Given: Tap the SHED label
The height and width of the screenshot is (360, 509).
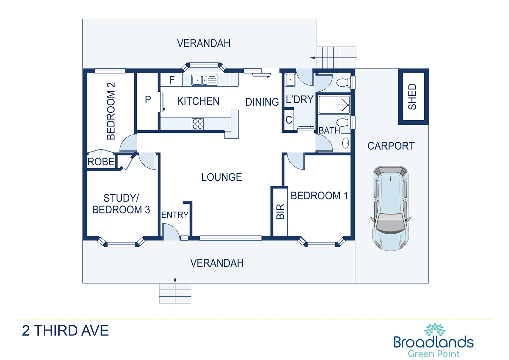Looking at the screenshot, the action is [x=412, y=97].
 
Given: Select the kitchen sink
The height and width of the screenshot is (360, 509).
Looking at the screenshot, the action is [x=204, y=80].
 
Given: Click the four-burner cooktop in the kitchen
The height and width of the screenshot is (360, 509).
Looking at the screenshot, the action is [x=197, y=124].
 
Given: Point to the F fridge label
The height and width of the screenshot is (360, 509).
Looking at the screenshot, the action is [x=172, y=80].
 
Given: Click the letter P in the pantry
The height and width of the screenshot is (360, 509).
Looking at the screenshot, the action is [x=148, y=100].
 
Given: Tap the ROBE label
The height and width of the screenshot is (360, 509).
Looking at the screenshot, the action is [x=101, y=162].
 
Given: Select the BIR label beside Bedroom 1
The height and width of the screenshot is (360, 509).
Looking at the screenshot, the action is [x=280, y=212].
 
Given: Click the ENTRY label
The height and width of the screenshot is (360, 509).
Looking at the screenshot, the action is [x=175, y=215].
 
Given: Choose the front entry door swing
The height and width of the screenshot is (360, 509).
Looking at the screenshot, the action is [x=171, y=232].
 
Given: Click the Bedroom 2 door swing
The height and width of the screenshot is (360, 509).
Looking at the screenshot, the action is [x=128, y=143].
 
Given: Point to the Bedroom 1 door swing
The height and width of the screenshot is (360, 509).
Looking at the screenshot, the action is [x=296, y=161].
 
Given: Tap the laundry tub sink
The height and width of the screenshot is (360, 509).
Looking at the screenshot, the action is [x=290, y=79].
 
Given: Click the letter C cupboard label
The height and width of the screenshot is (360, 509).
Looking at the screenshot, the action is [x=289, y=120].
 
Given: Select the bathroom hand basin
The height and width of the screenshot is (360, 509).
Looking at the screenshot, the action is [x=346, y=143].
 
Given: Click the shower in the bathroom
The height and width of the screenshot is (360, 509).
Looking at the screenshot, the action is [x=334, y=105].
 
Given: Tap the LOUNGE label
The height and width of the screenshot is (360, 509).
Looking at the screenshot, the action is [x=222, y=177].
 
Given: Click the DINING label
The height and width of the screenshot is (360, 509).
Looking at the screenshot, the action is [x=262, y=102].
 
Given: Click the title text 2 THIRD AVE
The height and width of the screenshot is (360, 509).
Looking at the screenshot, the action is [x=65, y=331].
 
